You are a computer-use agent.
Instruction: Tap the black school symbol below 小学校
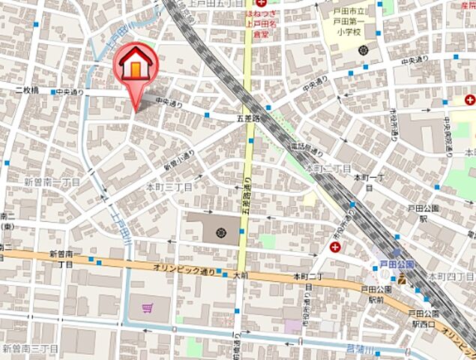tap(364, 50)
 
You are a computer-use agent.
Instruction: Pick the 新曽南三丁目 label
tap(29, 348)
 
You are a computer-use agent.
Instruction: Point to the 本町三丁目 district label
tap(169, 185)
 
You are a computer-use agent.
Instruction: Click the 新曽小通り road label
tap(179, 160)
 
